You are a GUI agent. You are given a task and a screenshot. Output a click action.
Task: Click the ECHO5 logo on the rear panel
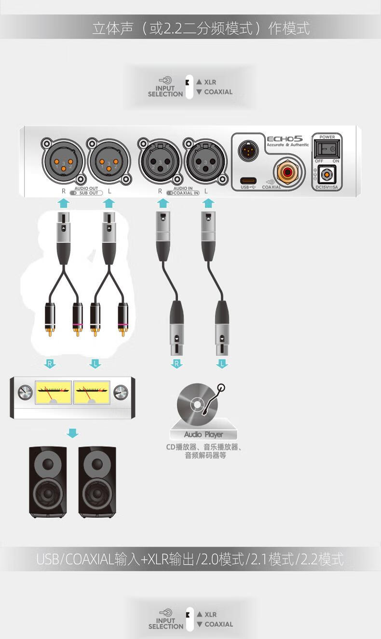tap(285, 139)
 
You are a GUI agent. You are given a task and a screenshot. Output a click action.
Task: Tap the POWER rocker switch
tap(327, 149)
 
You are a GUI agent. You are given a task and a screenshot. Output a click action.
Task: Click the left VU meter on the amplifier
tap(53, 392)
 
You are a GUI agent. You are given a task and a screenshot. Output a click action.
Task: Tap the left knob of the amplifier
tap(25, 393)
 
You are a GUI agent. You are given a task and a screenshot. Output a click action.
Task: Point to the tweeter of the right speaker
tap(97, 465)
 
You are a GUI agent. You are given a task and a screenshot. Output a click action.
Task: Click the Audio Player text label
tap(203, 434)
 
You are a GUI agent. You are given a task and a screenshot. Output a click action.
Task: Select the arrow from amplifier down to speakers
tap(72, 433)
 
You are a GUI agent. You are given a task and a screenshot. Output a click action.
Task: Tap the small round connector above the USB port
tap(248, 150)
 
